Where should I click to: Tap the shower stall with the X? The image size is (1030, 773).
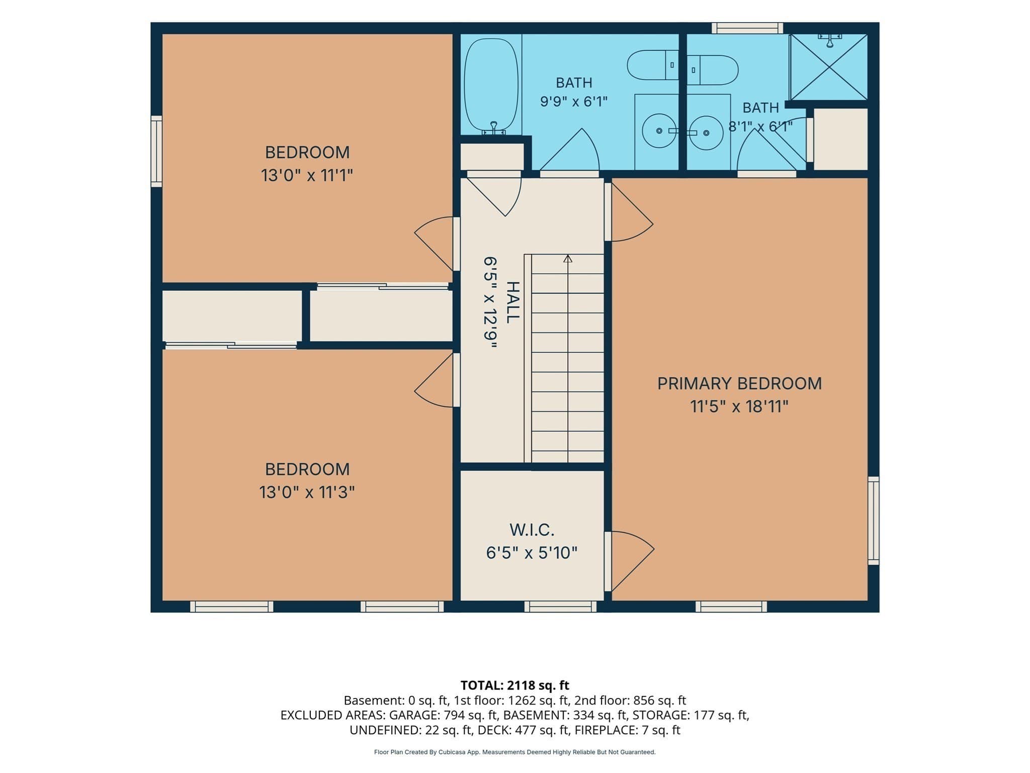[829, 67]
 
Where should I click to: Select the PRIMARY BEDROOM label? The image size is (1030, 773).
[739, 383]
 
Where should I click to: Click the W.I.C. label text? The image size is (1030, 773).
[532, 530]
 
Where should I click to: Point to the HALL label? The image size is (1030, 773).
[512, 302]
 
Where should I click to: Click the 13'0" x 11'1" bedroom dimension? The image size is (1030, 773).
[307, 176]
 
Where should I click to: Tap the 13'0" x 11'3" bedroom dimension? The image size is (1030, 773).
[307, 492]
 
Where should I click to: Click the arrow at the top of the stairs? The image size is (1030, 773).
[568, 259]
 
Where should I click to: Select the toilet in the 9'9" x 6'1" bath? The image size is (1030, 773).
[653, 65]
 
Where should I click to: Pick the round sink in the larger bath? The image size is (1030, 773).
[659, 131]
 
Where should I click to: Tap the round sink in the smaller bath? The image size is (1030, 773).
[706, 133]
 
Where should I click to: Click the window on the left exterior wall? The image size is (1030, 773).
[156, 151]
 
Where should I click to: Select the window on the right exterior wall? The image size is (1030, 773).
[874, 520]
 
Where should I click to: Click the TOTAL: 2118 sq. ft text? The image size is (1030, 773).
[515, 685]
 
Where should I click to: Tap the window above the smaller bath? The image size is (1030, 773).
[747, 28]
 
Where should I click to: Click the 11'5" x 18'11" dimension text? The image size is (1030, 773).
[739, 407]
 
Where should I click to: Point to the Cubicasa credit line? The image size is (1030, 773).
[515, 752]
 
